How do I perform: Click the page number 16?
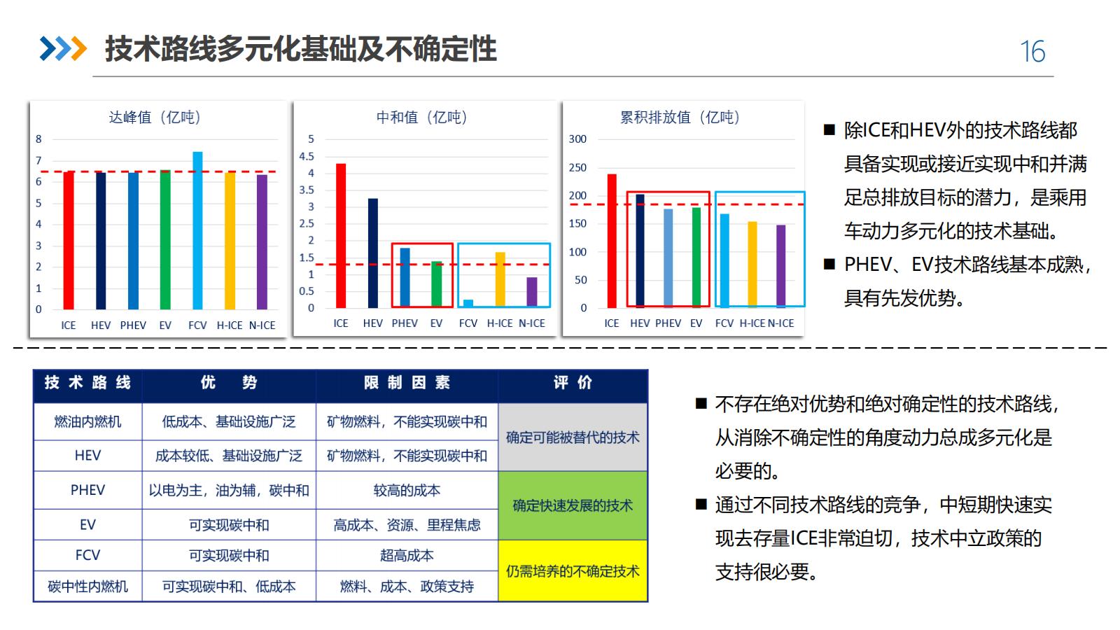(x=1032, y=52)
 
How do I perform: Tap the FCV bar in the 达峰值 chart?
(x=197, y=231)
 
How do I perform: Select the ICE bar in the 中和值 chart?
(x=341, y=236)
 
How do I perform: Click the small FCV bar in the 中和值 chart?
(x=468, y=304)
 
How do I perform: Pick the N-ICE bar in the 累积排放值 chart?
(x=780, y=266)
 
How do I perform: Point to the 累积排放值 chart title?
(x=680, y=118)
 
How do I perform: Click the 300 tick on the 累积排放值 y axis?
(x=577, y=139)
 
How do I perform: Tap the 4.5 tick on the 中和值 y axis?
(x=307, y=156)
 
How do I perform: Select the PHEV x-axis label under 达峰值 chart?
(x=133, y=325)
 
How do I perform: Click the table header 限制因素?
(x=407, y=383)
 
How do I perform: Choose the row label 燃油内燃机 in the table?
(x=87, y=421)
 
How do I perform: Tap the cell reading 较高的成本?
(x=407, y=490)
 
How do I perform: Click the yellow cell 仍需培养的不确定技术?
(x=573, y=571)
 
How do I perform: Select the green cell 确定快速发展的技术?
(x=573, y=505)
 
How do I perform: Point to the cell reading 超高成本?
(x=407, y=555)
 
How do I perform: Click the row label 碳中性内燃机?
(x=87, y=586)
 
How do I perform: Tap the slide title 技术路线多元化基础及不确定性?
(x=301, y=49)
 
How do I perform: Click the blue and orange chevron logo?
(x=63, y=49)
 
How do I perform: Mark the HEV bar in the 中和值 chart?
(x=373, y=253)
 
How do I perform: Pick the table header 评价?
(x=573, y=383)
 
